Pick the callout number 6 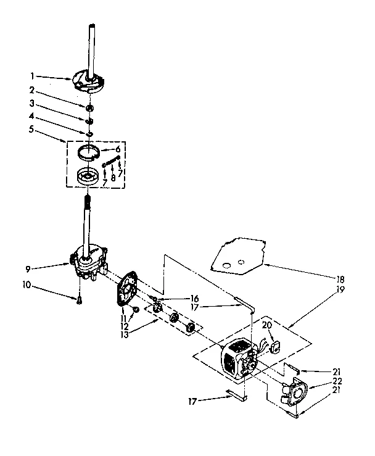pyautogui.click(x=117, y=149)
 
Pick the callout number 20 pyautogui.click(x=266, y=325)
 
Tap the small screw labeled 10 pyautogui.click(x=80, y=301)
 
